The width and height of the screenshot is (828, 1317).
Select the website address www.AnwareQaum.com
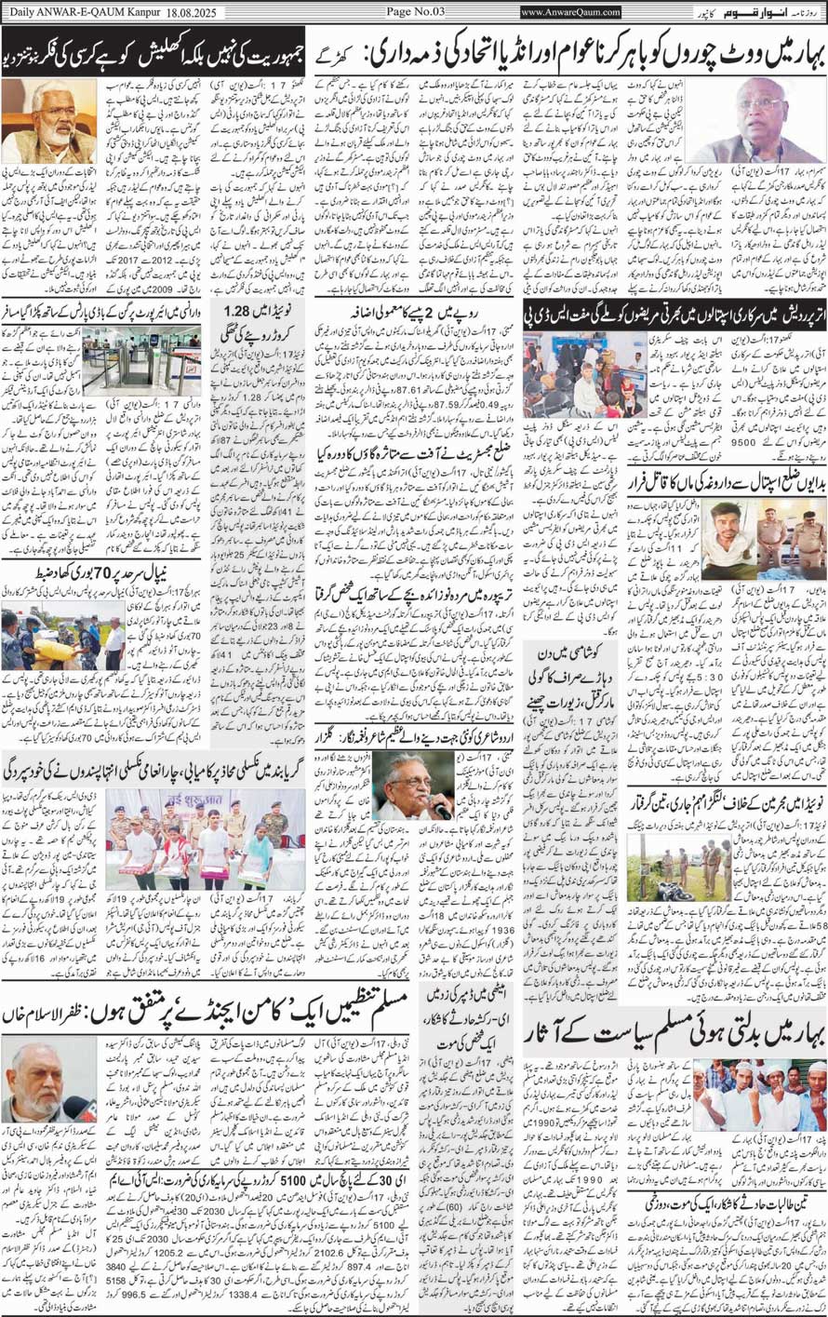pyautogui.click(x=571, y=12)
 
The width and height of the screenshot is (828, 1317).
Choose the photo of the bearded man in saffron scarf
pyautogui.click(x=48, y=120)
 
